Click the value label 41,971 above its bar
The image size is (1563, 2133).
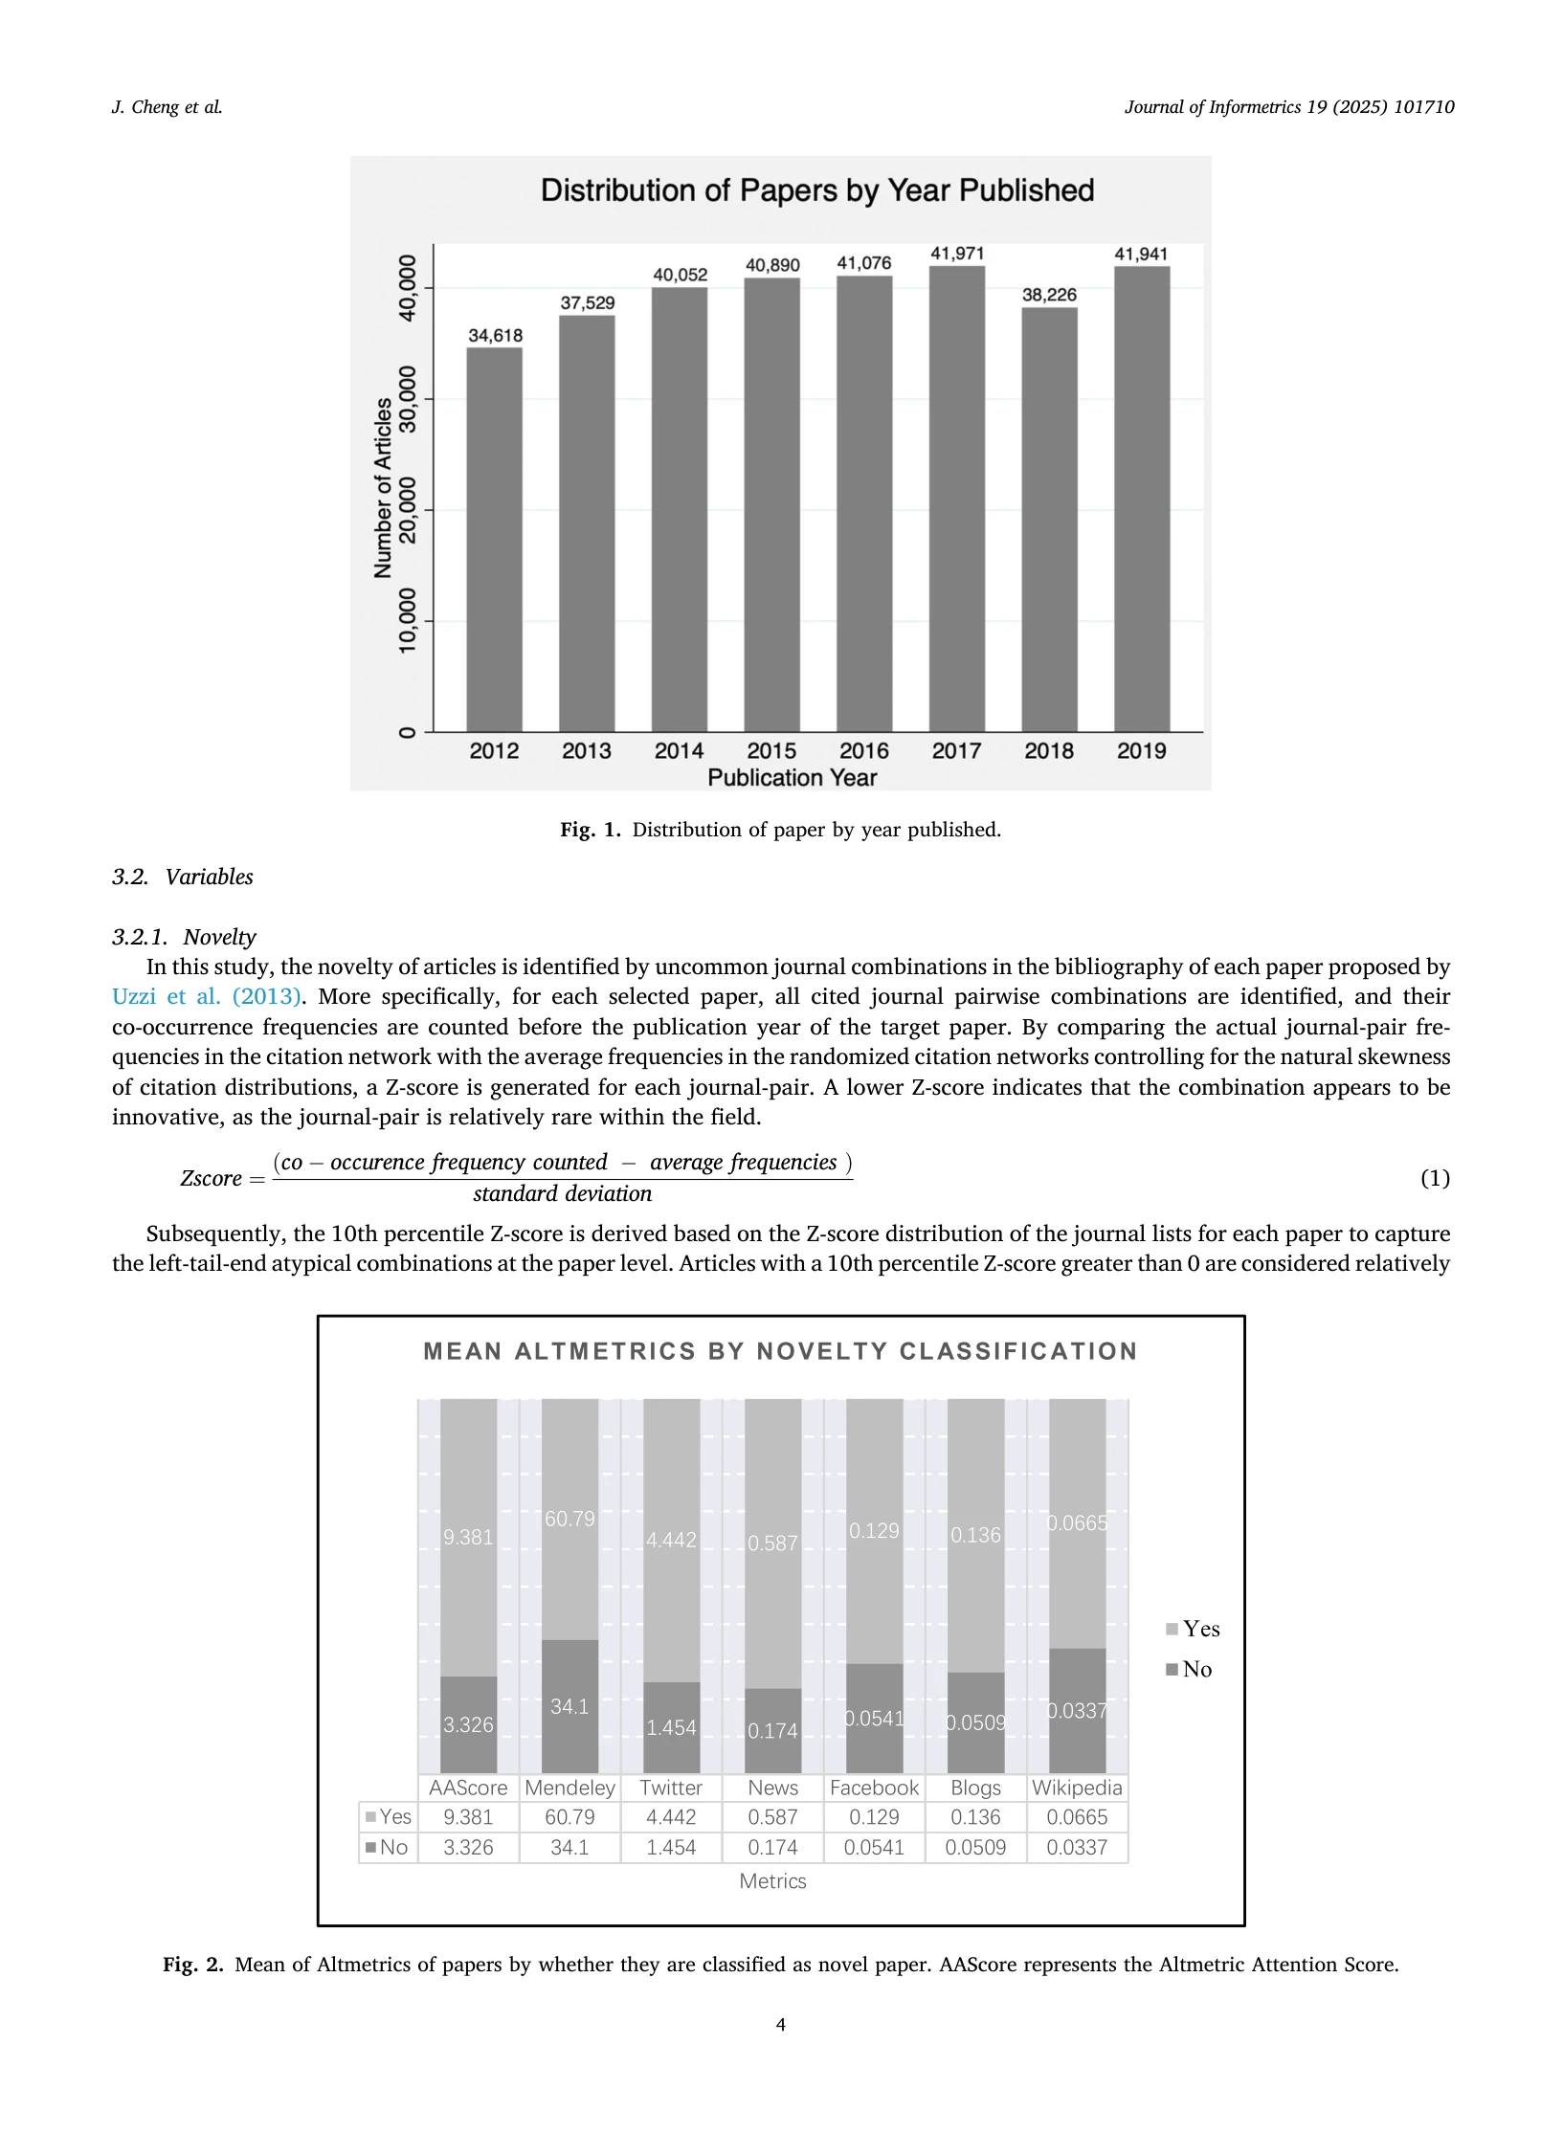tap(957, 254)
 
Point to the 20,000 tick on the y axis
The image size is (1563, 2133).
tap(409, 510)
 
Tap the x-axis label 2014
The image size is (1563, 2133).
tap(679, 751)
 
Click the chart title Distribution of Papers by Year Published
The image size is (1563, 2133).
tap(817, 190)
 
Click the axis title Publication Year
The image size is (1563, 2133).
tap(792, 778)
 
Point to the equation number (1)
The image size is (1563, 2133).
tap(1434, 1178)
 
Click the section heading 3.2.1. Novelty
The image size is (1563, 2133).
tap(184, 937)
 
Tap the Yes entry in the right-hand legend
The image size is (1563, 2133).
tap(1193, 1629)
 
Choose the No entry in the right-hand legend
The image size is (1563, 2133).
tap(1189, 1669)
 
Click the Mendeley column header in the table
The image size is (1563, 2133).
tap(569, 1788)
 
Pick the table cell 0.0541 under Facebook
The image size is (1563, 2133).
tap(874, 1847)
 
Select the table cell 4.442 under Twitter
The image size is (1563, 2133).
tap(671, 1817)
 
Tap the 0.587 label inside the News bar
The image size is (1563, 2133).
tap(772, 1544)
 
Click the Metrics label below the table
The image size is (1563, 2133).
tap(772, 1881)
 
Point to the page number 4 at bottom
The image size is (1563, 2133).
tap(781, 2024)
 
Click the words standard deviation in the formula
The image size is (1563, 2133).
tap(562, 1194)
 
